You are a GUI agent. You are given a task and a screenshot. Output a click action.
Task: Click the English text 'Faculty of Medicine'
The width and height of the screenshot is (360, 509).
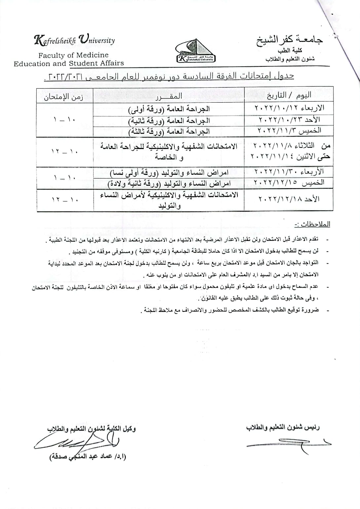tap(73, 55)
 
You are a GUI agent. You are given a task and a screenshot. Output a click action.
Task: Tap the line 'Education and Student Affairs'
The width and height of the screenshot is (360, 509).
tap(69, 63)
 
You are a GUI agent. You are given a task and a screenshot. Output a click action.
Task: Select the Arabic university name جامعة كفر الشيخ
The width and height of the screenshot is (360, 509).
tap(290, 40)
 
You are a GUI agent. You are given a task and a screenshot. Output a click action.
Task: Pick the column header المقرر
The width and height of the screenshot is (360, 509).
tap(169, 96)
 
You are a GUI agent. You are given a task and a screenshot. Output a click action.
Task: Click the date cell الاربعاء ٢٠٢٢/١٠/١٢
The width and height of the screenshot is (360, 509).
tap(289, 108)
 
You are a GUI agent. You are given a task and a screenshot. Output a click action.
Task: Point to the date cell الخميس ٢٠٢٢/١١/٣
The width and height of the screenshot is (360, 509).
tap(289, 130)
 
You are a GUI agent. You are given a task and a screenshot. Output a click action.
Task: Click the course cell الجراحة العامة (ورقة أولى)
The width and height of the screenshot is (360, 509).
tap(169, 109)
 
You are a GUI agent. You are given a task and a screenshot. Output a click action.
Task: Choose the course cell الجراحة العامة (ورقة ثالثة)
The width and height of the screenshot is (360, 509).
tap(169, 131)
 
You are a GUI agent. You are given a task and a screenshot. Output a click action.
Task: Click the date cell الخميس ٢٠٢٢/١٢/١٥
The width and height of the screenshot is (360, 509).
tap(289, 183)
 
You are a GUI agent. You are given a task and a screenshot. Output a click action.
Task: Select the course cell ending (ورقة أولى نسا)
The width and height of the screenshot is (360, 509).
tap(169, 172)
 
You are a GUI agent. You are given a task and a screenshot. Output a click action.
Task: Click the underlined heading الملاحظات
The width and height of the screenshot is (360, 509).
tap(312, 224)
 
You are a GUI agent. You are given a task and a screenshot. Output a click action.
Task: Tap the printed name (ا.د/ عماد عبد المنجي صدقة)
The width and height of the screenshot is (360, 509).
tap(88, 457)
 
